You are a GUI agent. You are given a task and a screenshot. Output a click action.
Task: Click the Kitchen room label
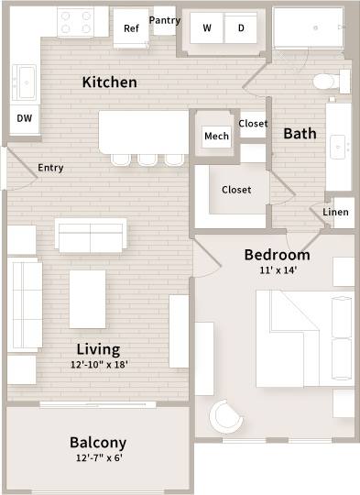pyautogui.click(x=110, y=82)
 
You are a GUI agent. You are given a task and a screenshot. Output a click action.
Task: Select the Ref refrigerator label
pyautogui.click(x=131, y=28)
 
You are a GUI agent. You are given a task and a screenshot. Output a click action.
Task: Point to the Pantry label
pyautogui.click(x=165, y=20)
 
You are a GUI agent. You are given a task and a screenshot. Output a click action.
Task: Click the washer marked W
pyautogui.click(x=207, y=28)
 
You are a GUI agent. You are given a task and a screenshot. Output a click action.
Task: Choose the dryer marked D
pyautogui.click(x=241, y=28)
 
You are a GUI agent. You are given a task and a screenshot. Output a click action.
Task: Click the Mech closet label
pyautogui.click(x=216, y=137)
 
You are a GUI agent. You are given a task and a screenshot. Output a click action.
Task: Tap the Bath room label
pyautogui.click(x=300, y=134)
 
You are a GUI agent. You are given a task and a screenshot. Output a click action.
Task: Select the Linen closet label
pyautogui.click(x=336, y=213)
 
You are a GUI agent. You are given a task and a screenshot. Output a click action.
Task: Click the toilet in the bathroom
pyautogui.click(x=325, y=82)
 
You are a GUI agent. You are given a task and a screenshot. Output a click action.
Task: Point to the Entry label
pyautogui.click(x=50, y=168)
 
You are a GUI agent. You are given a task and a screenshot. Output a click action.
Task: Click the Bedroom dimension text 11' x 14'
pyautogui.click(x=277, y=270)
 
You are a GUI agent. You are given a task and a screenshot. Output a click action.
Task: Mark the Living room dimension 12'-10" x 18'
pyautogui.click(x=97, y=364)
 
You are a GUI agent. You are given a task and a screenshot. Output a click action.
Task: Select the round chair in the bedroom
pyautogui.click(x=226, y=417)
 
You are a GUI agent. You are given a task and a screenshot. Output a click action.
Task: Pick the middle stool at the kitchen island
pyautogui.click(x=147, y=159)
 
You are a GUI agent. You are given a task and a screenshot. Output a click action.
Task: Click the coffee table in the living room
pyautogui.click(x=89, y=299)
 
